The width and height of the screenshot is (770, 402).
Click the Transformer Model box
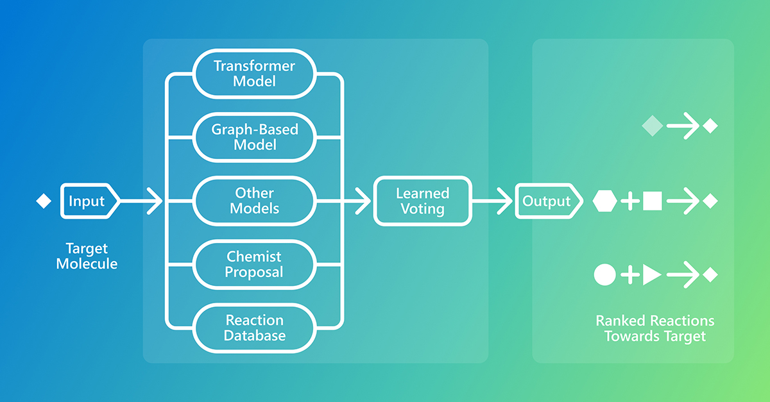tap(255, 74)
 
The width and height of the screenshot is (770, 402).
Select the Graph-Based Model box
tap(255, 137)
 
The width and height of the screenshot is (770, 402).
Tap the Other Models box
tap(255, 201)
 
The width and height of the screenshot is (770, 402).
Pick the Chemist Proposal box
tap(255, 264)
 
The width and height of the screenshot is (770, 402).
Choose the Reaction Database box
tap(255, 328)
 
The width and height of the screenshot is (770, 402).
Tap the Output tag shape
tap(548, 201)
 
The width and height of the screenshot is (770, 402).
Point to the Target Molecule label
tap(87, 256)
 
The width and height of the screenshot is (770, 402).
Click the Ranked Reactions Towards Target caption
tap(654, 328)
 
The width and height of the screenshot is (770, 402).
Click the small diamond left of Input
tap(44, 201)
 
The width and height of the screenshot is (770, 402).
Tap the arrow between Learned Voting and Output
tap(490, 201)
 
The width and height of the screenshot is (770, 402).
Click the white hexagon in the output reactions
tap(604, 201)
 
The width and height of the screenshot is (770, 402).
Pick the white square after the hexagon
tap(652, 201)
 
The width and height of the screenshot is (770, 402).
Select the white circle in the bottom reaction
tap(604, 275)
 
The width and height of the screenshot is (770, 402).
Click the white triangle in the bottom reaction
tap(651, 275)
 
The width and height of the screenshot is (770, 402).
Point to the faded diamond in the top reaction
tap(652, 126)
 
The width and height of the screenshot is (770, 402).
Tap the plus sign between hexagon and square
tap(630, 201)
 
